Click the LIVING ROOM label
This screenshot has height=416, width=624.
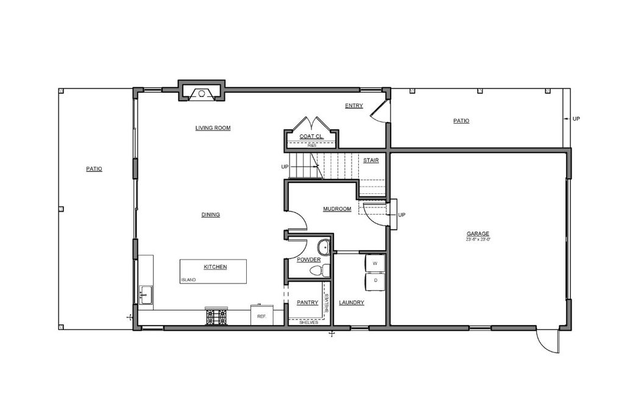(x=213, y=128)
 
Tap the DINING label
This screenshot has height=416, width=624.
(x=210, y=215)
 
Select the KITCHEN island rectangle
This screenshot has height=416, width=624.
(x=213, y=271)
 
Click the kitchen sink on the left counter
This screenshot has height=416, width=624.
(x=146, y=295)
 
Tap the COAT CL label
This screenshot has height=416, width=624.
(x=311, y=136)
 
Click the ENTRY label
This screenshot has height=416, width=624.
(x=353, y=106)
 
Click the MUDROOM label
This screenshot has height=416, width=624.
(x=337, y=209)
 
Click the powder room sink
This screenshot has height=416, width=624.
(x=324, y=248)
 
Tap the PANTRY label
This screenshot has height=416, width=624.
(x=308, y=302)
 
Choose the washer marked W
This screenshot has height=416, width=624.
(x=374, y=263)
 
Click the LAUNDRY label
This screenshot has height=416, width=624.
(x=352, y=302)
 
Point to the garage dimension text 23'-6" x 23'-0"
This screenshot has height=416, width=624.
(x=478, y=240)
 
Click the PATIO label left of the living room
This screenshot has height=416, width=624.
(x=94, y=168)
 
